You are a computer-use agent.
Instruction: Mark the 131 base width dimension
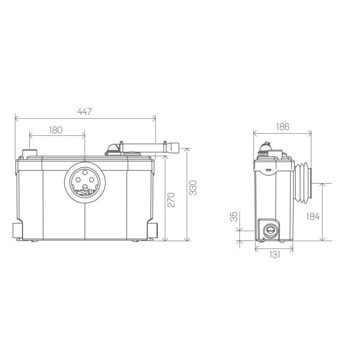[274, 254]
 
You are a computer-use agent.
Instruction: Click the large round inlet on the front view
[85, 181]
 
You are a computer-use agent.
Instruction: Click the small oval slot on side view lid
[268, 170]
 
